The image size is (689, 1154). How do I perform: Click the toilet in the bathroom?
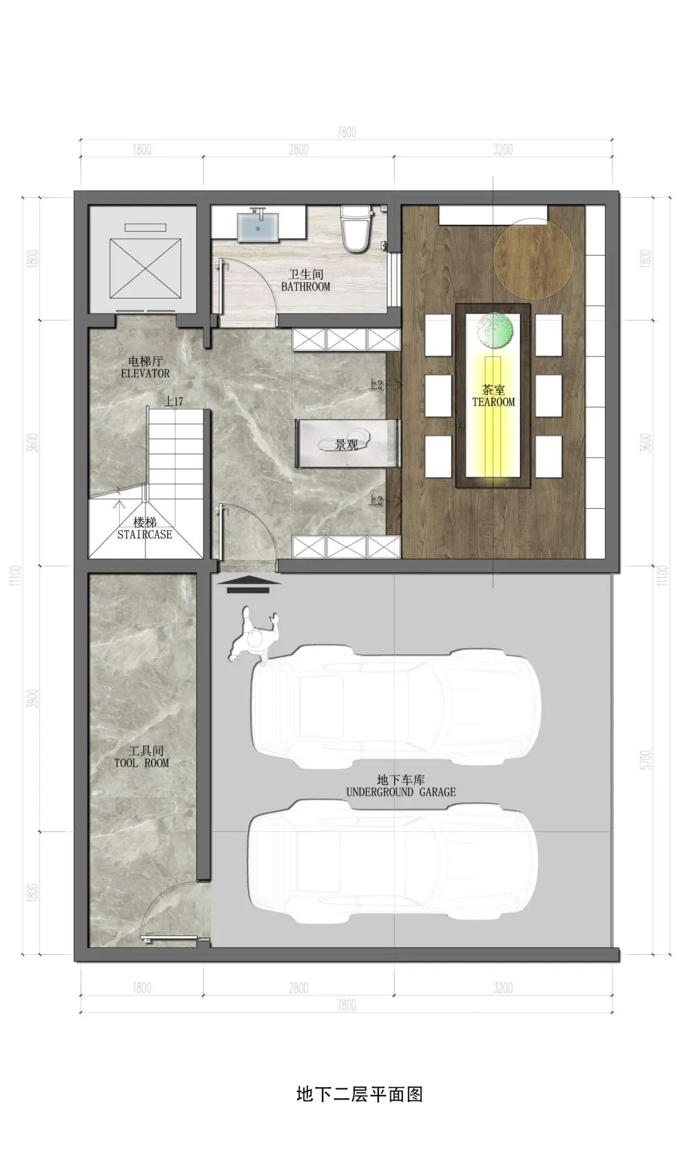(x=357, y=227)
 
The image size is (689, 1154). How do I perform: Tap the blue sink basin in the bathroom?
(x=258, y=227)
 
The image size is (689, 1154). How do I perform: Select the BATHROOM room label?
(x=305, y=281)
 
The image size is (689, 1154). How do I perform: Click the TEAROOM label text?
(x=493, y=396)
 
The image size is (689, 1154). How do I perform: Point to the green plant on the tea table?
(x=495, y=330)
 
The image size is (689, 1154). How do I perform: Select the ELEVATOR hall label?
(x=145, y=367)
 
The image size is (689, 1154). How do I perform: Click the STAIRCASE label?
(x=145, y=529)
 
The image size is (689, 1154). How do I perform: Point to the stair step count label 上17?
(x=174, y=401)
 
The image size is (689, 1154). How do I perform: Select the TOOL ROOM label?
(x=142, y=757)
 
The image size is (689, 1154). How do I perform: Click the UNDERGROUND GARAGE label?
(x=400, y=787)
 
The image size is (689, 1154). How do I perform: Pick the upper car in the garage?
(x=395, y=705)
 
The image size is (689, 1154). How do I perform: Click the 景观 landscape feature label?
(x=346, y=445)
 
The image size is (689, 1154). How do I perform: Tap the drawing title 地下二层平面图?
(x=359, y=1094)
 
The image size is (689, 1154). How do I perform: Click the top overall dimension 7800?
(x=347, y=132)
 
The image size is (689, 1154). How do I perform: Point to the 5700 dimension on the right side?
(x=645, y=760)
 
